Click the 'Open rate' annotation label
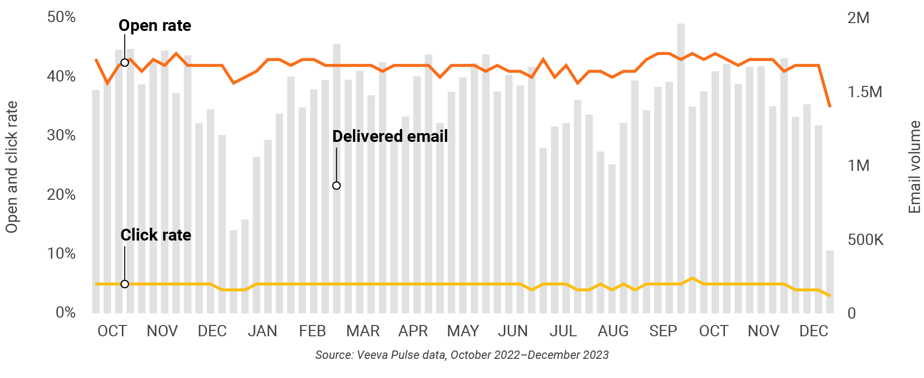(x=155, y=26)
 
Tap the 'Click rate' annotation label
(x=156, y=235)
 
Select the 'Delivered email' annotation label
(x=390, y=136)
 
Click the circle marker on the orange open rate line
(x=125, y=63)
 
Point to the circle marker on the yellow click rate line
(x=125, y=284)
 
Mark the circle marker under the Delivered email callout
(x=336, y=186)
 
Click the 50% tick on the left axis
(x=61, y=17)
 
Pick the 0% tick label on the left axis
(x=65, y=313)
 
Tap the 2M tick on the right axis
(x=858, y=18)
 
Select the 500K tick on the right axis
(x=866, y=240)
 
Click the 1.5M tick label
(x=865, y=92)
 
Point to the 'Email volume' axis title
(x=914, y=167)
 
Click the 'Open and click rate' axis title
(x=12, y=167)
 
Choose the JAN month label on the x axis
(x=262, y=331)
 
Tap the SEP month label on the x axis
(x=663, y=331)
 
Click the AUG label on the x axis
(x=613, y=331)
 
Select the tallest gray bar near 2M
(x=681, y=167)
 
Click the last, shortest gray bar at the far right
(x=830, y=282)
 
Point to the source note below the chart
(x=462, y=355)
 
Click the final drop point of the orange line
(x=830, y=106)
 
